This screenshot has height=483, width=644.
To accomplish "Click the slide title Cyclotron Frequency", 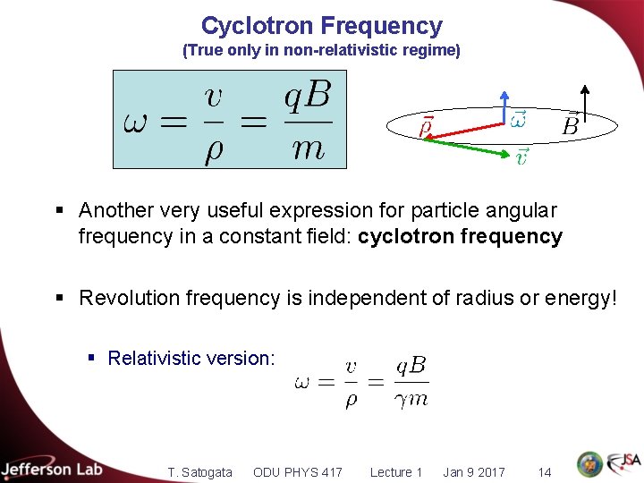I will [321, 25].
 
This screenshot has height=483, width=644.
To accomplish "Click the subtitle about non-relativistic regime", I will [321, 51].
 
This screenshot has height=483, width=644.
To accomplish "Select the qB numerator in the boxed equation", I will [307, 96].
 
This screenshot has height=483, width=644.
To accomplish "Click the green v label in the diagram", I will [522, 157].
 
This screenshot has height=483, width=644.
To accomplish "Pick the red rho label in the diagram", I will [427, 127].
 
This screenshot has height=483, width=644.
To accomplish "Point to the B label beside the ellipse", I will [570, 126].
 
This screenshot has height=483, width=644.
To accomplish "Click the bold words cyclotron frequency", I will [460, 237].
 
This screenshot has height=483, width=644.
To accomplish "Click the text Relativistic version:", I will [191, 359].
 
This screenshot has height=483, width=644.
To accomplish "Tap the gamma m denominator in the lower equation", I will [411, 400].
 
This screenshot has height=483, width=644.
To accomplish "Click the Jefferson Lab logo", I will [52, 469].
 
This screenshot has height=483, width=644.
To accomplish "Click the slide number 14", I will [544, 471].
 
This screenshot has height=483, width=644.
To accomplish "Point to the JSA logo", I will [623, 463].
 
